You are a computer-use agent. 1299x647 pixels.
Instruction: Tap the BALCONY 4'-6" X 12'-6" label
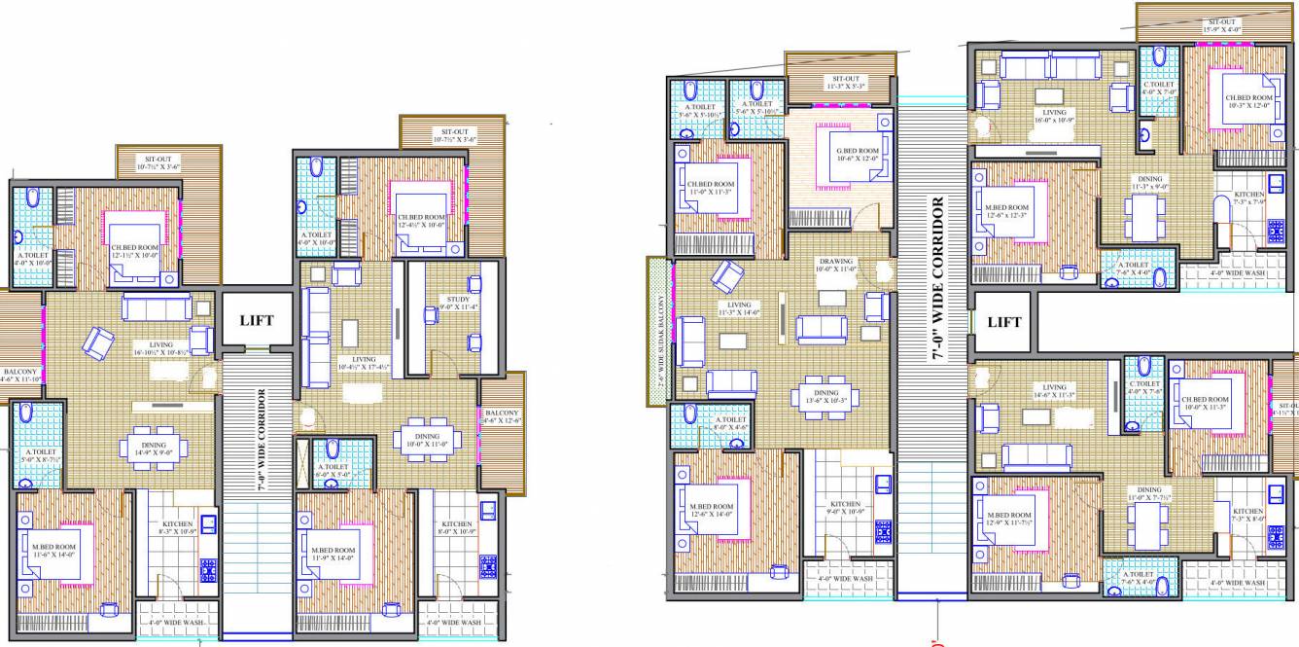click(502, 416)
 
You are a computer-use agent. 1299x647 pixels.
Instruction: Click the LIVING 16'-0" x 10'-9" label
click(1053, 117)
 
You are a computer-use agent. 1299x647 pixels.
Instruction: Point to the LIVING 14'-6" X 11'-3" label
click(1053, 391)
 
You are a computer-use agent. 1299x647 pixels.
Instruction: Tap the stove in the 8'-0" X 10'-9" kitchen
click(486, 565)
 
